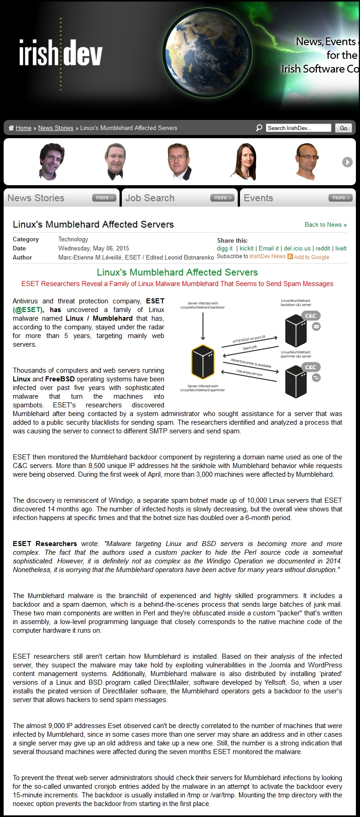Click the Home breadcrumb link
23,128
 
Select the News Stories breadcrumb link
56,128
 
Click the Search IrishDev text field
298,128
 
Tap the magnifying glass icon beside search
259,128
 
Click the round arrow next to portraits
347,162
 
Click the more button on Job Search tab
222,198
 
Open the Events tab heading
258,198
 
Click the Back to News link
325,224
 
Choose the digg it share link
224,249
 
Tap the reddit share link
323,249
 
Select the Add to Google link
312,257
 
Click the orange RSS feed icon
290,256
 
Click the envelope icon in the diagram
316,327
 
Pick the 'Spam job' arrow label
250,348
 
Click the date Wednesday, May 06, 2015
94,249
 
